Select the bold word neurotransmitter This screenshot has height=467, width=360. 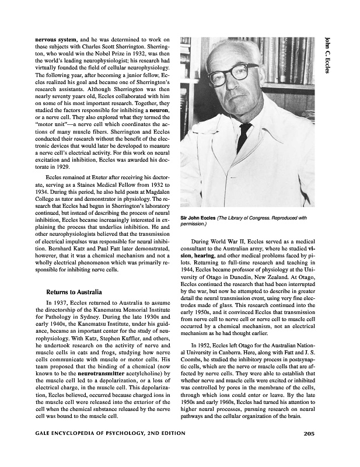[97, 371]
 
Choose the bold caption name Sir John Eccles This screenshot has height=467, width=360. [198, 218]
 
